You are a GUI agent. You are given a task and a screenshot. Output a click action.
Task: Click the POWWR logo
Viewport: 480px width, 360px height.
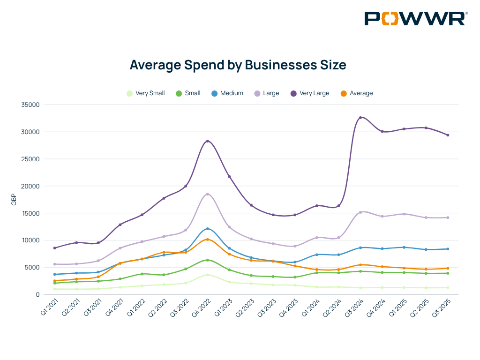click(415, 19)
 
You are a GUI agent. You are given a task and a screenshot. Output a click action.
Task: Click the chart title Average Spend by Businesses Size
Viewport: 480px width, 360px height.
click(238, 65)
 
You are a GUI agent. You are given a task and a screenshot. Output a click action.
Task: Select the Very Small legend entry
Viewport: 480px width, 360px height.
click(146, 93)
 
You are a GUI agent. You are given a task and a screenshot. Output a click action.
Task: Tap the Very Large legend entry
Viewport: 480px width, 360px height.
click(310, 93)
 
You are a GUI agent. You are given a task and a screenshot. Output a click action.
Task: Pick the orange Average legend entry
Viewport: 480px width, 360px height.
click(357, 93)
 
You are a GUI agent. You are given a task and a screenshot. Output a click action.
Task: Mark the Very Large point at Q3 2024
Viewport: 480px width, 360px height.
click(360, 118)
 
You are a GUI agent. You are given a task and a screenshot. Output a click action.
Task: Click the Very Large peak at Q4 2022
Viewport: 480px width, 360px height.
click(208, 141)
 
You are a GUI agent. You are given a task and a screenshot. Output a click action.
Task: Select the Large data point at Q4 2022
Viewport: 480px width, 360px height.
click(208, 194)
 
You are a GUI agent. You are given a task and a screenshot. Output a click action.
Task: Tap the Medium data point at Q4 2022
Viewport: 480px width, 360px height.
click(208, 229)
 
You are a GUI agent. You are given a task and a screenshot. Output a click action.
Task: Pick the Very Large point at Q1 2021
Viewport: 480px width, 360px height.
click(55, 248)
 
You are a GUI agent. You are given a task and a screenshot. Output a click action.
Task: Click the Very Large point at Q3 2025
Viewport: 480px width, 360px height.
click(448, 135)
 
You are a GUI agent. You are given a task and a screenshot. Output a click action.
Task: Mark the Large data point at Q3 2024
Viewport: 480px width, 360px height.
click(360, 212)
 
